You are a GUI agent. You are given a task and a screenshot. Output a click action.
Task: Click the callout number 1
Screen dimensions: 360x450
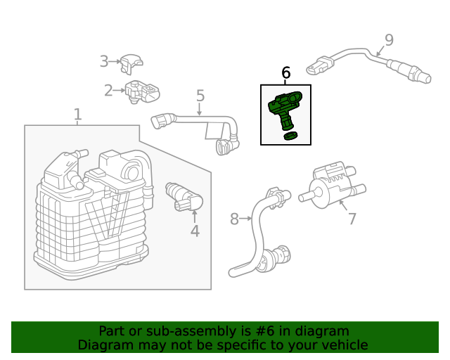click(77, 114)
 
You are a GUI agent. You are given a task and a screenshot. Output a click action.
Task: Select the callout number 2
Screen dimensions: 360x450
click(108, 90)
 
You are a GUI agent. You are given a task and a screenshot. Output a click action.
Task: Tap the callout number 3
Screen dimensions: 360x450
click(103, 61)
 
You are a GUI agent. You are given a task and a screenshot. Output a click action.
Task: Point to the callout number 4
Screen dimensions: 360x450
click(195, 231)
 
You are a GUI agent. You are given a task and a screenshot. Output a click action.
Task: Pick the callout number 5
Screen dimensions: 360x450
click(200, 96)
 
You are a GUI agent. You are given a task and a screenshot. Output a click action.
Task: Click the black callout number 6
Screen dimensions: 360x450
click(285, 72)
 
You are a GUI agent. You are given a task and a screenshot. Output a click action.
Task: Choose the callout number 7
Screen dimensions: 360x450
click(352, 219)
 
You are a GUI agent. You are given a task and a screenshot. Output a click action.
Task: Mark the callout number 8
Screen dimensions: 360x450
click(234, 219)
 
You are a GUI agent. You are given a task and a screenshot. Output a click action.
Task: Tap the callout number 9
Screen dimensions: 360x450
click(389, 40)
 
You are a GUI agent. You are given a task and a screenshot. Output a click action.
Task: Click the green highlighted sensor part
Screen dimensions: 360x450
click(284, 107)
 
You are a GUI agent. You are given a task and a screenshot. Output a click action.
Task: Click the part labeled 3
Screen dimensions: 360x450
click(131, 63)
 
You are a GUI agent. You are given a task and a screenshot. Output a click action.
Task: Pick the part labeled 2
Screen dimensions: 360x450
click(143, 91)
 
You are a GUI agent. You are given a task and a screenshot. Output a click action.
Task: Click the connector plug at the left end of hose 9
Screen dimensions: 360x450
click(316, 68)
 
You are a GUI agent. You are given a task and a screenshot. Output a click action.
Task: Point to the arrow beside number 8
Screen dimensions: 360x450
click(247, 219)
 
